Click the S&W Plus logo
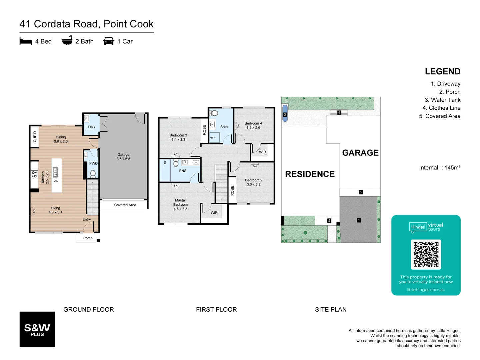click(37, 329)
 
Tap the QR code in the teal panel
click(426, 255)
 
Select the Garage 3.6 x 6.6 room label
click(123, 157)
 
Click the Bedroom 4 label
click(253, 125)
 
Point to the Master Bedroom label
click(180, 205)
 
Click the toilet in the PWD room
click(93, 173)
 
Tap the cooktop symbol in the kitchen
click(34, 174)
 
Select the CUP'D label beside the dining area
click(35, 137)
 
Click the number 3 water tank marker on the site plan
click(285, 114)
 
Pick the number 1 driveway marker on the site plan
click(359, 220)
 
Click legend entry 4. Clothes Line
click(441, 108)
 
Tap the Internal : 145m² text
click(440, 168)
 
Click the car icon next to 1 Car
click(109, 41)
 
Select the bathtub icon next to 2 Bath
click(67, 41)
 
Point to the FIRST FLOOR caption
click(216, 310)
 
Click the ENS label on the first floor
click(183, 171)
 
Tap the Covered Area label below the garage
click(125, 205)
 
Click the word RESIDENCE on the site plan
click(310, 174)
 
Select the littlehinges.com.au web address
click(426, 290)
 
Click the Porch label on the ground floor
click(88, 238)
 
